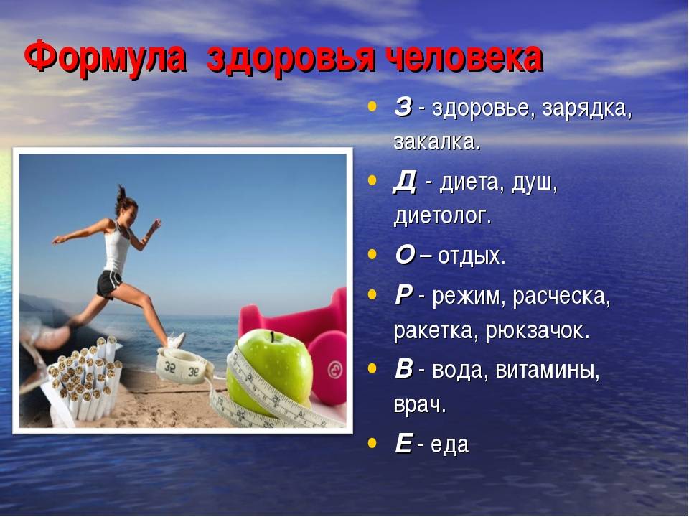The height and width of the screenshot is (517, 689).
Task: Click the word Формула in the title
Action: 105,57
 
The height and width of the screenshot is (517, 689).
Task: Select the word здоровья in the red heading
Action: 291,60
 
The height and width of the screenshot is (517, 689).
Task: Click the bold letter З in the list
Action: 403,107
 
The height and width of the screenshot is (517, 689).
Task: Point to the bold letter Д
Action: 404,182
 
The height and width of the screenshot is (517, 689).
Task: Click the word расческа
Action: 561,296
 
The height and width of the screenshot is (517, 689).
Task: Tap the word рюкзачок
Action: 538,330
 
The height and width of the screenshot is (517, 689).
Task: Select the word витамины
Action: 548,370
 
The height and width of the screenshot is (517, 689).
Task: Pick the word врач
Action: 420,405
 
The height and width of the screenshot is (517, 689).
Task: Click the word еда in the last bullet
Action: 449,444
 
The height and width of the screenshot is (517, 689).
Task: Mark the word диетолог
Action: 442,216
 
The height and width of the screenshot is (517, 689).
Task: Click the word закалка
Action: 437,141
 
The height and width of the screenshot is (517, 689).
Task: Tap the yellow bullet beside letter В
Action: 372,368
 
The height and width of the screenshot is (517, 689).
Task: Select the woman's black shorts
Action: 108,284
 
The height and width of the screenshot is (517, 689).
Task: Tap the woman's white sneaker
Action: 177,340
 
